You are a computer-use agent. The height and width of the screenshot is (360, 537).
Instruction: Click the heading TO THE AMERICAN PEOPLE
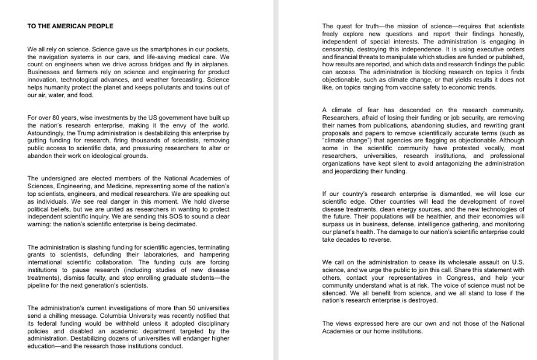71,27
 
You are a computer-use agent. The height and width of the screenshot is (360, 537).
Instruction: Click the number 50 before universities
177,308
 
